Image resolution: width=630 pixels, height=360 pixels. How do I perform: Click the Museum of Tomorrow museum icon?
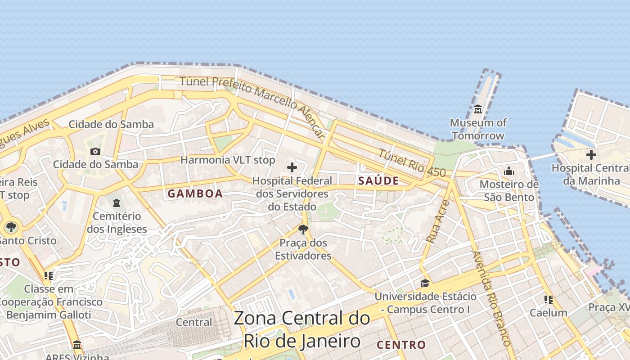[477, 109]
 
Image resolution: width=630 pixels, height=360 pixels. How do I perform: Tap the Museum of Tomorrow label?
[478, 129]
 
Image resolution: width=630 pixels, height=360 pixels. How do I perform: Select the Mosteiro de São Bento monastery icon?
[509, 171]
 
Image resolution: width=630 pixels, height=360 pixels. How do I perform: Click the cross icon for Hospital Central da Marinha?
[591, 155]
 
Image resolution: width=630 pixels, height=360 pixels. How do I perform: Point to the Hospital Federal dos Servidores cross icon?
[292, 167]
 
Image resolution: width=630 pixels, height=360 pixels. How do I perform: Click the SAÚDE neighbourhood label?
[378, 181]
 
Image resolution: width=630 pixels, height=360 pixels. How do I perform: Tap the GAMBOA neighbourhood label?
[195, 194]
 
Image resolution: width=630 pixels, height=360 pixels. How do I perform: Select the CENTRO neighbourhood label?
[401, 345]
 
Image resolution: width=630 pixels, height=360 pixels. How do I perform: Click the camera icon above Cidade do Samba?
[95, 152]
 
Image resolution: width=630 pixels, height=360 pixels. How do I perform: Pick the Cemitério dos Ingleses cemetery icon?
[117, 203]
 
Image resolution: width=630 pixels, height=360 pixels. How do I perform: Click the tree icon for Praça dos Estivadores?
[303, 230]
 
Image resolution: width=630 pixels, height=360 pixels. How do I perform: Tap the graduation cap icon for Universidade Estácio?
[425, 283]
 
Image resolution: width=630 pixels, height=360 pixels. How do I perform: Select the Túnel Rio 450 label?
[412, 163]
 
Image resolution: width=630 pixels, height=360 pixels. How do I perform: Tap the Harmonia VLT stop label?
[228, 160]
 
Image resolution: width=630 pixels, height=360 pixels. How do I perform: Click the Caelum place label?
[548, 313]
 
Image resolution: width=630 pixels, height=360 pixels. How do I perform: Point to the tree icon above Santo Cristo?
[11, 227]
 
